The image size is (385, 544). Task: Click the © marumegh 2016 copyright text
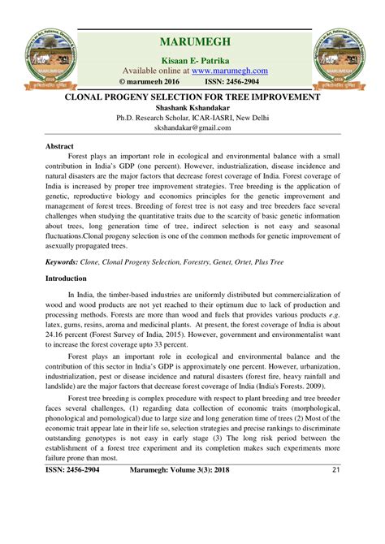point(151,82)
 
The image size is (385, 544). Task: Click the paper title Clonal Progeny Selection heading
point(192,97)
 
